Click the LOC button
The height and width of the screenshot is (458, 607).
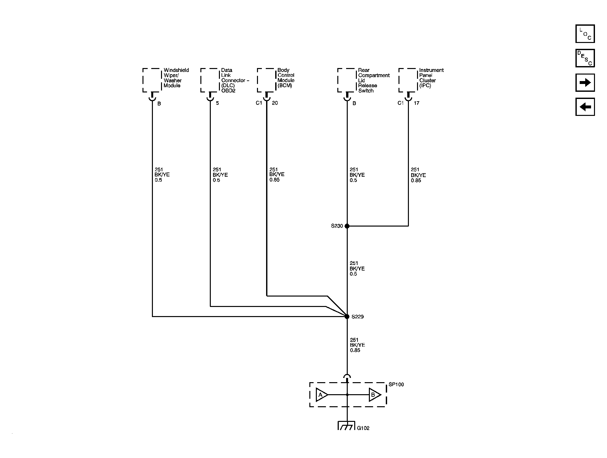click(x=585, y=34)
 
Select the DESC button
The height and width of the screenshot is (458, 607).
click(x=585, y=58)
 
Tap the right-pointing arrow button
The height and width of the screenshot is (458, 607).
click(x=585, y=82)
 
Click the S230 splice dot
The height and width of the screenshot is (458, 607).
click(x=347, y=226)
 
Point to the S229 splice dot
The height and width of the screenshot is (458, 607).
click(x=347, y=316)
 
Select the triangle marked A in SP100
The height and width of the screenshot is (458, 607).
click(x=322, y=395)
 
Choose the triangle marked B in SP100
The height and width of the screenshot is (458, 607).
click(x=374, y=395)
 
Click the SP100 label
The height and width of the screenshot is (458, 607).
click(x=396, y=384)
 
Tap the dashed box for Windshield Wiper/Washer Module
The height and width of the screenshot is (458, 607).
click(x=152, y=80)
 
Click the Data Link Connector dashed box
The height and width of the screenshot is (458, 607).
click(x=210, y=80)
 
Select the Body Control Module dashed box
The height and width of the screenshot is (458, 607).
click(x=267, y=80)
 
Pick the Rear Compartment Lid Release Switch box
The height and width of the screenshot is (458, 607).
click(x=347, y=80)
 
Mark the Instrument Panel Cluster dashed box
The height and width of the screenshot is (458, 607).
click(x=408, y=80)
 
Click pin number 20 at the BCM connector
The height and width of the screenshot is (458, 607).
click(x=275, y=103)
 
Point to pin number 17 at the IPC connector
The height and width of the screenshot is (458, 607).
click(x=416, y=103)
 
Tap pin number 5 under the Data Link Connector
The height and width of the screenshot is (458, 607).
click(x=217, y=103)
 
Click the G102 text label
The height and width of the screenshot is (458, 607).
click(x=363, y=428)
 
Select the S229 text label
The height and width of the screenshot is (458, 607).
click(x=357, y=317)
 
